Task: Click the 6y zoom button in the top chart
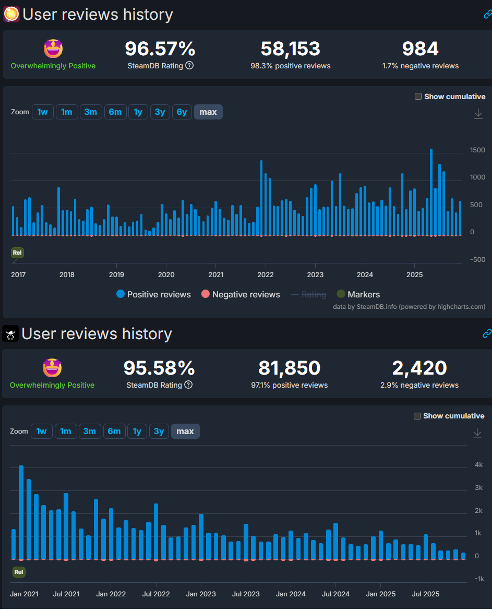[182, 112]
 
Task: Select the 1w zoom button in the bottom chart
[42, 431]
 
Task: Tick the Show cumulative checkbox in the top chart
[418, 97]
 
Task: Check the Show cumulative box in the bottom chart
[417, 416]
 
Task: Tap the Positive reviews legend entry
[153, 295]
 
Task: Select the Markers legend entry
[358, 295]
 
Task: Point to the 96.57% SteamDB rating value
[160, 49]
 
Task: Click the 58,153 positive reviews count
[290, 49]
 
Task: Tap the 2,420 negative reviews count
[419, 368]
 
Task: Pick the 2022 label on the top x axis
[266, 275]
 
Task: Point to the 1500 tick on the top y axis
[477, 150]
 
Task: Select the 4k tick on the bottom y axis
[478, 465]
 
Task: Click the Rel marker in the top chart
[18, 253]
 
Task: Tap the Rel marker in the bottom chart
[19, 572]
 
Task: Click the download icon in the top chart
[478, 114]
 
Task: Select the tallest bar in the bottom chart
[21, 511]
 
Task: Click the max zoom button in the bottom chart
[185, 431]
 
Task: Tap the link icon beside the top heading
[487, 15]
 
